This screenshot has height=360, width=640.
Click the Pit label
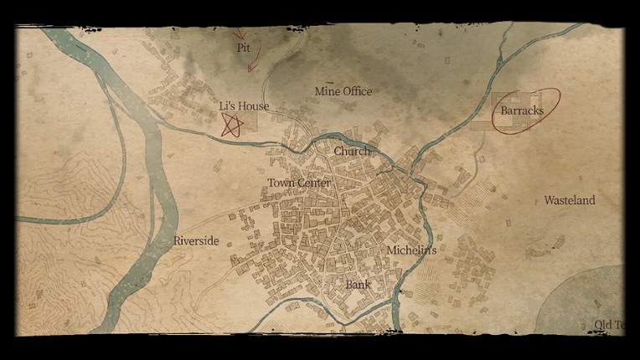tap(244, 49)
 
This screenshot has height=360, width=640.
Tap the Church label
tap(351, 152)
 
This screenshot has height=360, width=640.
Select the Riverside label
tap(196, 241)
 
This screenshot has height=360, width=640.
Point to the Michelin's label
tap(411, 250)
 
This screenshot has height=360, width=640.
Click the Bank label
tap(358, 285)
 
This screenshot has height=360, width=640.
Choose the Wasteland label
tap(570, 201)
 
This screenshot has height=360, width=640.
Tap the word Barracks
tap(522, 111)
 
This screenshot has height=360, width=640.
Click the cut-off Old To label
tap(608, 325)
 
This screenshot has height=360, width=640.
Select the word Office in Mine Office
tap(357, 91)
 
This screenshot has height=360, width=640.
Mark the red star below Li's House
tap(232, 126)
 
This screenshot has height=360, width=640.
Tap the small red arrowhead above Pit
tap(241, 34)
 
